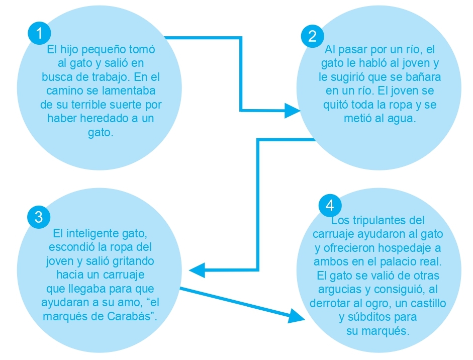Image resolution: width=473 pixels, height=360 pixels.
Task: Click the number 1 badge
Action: click(39, 33)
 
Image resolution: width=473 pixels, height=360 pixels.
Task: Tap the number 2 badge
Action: click(313, 36)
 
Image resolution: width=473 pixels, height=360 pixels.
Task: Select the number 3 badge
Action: click(39, 217)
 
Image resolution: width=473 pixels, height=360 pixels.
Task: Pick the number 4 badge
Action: click(330, 206)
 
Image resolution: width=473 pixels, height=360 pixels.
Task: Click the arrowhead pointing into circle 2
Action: click(293, 111)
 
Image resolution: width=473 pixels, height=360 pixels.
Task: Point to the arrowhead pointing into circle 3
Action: click(197, 270)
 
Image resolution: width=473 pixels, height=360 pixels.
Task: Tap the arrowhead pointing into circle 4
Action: click(296, 316)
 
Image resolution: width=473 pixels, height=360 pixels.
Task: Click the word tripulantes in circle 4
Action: click(377, 221)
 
